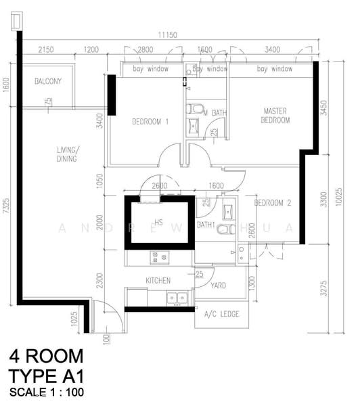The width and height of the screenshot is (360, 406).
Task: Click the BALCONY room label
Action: (48, 82)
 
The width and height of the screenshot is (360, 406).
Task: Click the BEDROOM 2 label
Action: (273, 202)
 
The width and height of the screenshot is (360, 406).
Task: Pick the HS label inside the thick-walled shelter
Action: (159, 221)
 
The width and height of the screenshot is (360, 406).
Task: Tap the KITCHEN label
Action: (158, 280)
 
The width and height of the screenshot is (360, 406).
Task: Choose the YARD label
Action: (219, 286)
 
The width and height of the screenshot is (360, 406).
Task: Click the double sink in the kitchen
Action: (177, 296)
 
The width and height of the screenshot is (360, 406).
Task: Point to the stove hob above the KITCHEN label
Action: (158, 256)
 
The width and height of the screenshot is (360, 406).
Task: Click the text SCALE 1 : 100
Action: (47, 392)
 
